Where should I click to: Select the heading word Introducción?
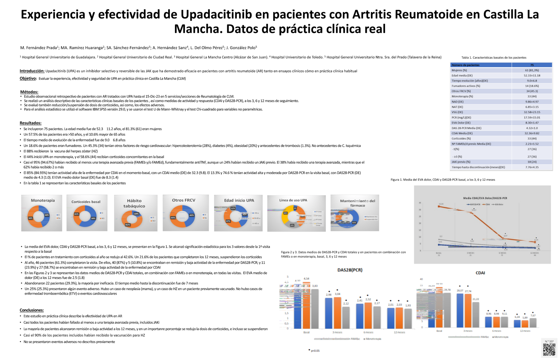coord(32,71)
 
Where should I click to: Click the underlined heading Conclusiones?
coord(32,310)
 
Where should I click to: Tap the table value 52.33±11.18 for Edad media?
coord(532,75)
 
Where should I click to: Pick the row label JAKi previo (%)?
coord(461,162)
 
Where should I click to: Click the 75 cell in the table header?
coord(532,65)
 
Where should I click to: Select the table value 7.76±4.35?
coord(532,167)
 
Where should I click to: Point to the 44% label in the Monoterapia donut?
coord(47,215)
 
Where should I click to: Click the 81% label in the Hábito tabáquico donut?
coord(128,225)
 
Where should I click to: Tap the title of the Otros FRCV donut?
coord(184,200)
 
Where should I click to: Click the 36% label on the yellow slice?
coord(285,213)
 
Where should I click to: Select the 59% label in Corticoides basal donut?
coord(93,218)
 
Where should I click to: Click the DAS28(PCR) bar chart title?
coord(350,270)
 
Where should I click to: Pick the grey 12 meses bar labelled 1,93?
coord(408,318)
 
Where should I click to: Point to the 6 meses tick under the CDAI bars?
coord(497,331)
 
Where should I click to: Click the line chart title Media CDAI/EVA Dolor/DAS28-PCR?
coord(485,198)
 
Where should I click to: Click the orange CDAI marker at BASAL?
coord(439,206)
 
